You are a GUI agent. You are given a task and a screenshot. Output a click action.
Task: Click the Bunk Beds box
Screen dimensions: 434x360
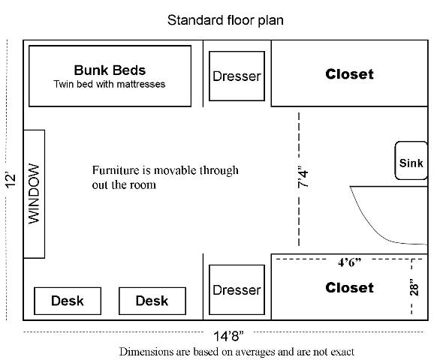110,76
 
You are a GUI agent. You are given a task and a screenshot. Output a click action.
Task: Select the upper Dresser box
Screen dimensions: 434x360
237,76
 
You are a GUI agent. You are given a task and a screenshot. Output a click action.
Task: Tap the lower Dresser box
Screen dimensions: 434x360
237,289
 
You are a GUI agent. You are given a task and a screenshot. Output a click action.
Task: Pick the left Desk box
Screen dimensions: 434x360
68,301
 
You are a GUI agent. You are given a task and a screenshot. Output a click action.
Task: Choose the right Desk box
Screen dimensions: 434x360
152,301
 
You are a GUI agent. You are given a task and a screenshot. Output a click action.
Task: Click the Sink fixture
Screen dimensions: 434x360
411,160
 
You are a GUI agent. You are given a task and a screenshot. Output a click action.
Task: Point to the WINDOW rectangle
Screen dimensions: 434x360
34,194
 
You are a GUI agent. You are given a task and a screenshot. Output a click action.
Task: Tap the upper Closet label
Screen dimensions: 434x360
349,74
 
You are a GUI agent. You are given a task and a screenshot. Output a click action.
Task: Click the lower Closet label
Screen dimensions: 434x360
349,287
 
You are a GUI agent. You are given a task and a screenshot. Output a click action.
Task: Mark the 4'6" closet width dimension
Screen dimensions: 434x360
350,262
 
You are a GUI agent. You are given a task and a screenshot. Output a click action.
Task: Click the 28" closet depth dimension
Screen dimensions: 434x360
414,287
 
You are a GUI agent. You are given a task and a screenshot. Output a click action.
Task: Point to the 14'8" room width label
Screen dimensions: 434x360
228,336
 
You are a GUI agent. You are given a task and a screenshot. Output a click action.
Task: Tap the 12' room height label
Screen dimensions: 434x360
11,181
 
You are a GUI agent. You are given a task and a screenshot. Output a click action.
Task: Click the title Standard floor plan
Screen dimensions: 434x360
225,20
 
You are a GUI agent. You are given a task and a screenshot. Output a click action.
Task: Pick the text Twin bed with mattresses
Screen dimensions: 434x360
110,84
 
